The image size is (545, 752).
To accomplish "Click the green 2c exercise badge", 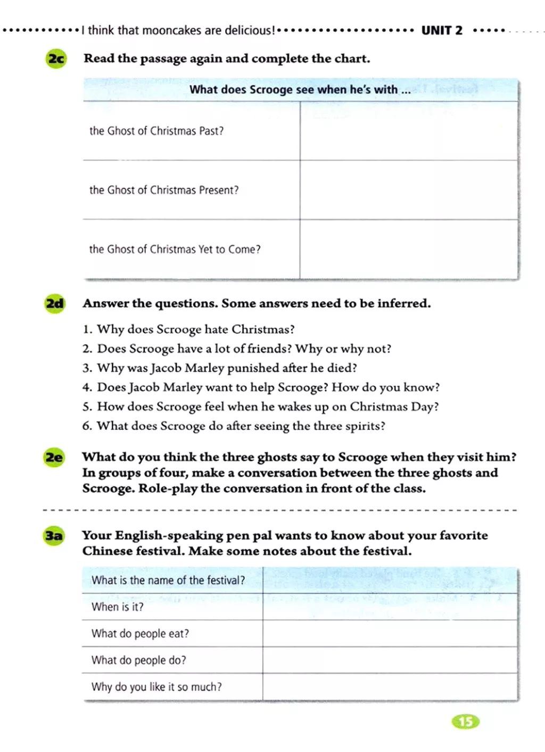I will [56, 58].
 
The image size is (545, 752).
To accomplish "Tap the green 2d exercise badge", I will [54, 303].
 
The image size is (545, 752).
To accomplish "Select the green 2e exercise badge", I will [54, 457].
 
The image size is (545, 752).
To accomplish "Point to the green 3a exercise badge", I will [54, 535].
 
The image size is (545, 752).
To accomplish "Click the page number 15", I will [465, 721].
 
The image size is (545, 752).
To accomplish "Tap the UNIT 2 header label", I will [442, 30].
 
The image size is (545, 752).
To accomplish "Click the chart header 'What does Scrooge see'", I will [300, 89].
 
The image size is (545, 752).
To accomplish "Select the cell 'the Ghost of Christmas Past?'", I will [156, 131].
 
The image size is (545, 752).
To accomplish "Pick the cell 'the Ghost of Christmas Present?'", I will [164, 190].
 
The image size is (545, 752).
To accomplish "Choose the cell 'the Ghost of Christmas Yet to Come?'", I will [175, 249].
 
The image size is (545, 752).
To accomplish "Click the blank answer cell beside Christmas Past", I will [409, 131].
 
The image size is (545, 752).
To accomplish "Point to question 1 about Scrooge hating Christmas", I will [188, 329].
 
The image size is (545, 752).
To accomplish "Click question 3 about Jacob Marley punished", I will [220, 368].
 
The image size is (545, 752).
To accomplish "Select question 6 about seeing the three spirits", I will [234, 426].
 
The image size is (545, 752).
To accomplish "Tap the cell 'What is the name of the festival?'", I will [168, 580].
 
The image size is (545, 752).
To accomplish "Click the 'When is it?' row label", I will [118, 607].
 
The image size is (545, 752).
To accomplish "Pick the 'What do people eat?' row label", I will [140, 633].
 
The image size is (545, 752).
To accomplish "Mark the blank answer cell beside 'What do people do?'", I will [390, 660].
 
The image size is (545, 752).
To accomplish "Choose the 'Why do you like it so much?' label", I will [156, 687].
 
